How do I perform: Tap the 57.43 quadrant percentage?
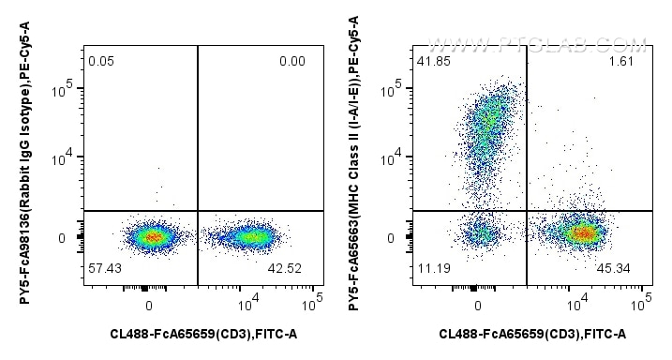click(x=102, y=268)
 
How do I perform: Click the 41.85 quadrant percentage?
click(x=432, y=62)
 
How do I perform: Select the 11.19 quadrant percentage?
click(x=431, y=268)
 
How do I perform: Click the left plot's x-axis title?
click(x=199, y=334)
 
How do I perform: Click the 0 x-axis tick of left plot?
click(x=149, y=305)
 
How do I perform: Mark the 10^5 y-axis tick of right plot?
click(x=396, y=89)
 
